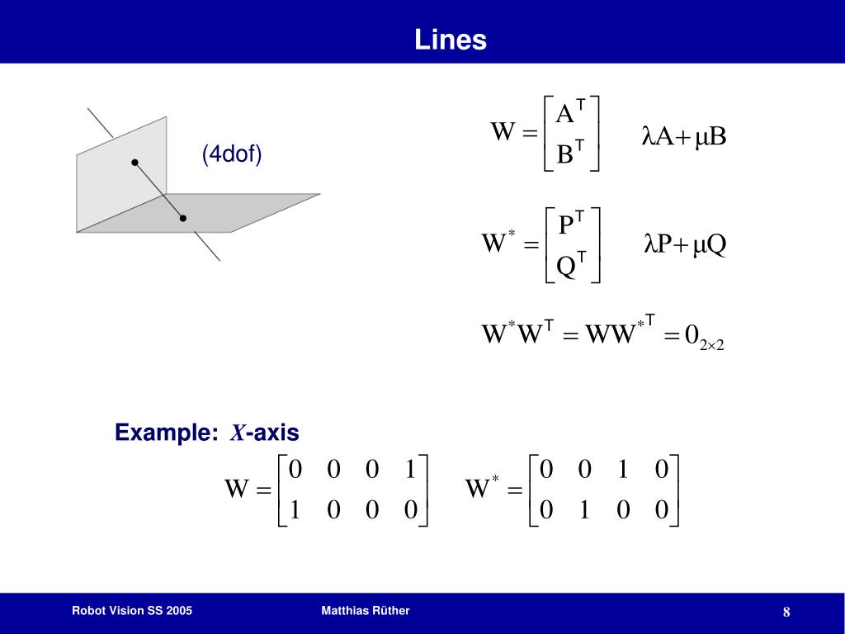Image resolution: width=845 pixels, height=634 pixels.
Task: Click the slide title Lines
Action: [451, 40]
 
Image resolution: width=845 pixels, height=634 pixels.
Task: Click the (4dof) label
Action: [232, 154]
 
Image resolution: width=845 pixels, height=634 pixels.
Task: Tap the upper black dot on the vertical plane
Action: [135, 163]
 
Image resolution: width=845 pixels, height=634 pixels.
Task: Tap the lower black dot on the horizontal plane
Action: [183, 218]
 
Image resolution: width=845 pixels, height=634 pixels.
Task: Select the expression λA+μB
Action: [683, 136]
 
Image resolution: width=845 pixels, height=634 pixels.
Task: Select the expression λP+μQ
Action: [684, 245]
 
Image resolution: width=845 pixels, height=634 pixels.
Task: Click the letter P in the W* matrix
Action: [566, 225]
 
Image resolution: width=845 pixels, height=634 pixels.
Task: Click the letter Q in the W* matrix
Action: [566, 267]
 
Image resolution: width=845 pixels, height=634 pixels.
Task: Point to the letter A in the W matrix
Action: [565, 114]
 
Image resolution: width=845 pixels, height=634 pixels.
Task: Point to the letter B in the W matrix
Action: [565, 154]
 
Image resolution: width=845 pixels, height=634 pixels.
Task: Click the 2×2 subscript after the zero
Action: [711, 345]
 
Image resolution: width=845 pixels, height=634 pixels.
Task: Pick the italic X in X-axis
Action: [237, 433]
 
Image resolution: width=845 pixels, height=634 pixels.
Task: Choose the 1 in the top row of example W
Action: [410, 470]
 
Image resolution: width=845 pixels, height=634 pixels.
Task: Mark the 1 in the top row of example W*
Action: [622, 470]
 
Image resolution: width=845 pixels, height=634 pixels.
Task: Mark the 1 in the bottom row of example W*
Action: [583, 510]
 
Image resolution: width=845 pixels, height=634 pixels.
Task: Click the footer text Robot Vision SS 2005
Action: [132, 611]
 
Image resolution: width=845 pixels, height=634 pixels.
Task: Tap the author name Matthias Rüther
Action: [366, 611]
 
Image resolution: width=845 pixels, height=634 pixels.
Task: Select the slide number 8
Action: [786, 612]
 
